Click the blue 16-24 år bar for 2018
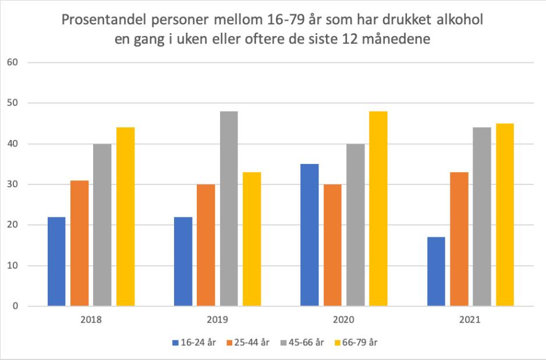56,261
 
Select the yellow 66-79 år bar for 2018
125,216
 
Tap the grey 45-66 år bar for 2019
229,208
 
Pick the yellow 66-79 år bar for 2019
251,239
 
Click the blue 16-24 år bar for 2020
310,235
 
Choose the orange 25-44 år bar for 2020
332,245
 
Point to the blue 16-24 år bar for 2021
436,272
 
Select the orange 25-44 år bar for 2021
459,239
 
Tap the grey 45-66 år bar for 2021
481,216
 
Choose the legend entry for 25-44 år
248,342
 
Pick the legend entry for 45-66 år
302,342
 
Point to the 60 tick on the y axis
11,62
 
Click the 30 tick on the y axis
11,184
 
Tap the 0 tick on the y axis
13,306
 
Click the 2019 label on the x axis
217,319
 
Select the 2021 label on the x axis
470,319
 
